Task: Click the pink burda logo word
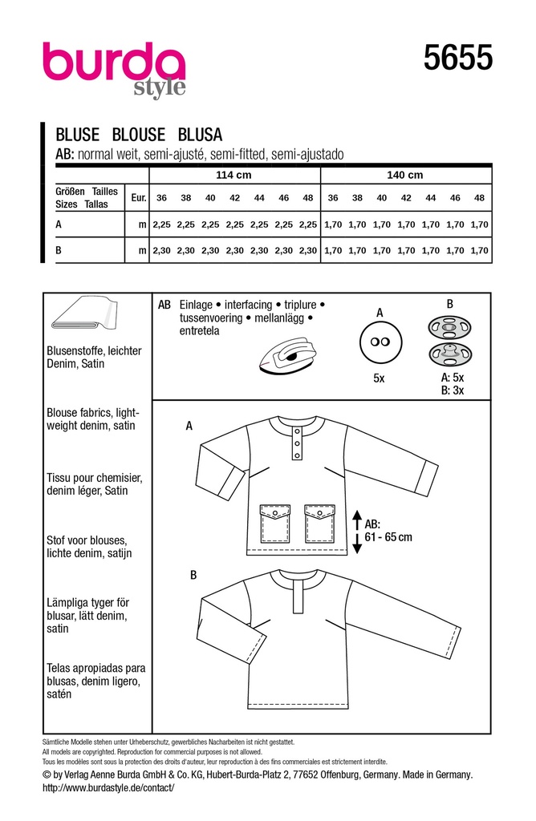113,63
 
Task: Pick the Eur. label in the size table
138,197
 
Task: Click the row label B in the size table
59,251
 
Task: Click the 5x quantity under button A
380,378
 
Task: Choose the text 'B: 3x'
453,391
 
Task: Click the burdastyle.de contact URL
108,788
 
